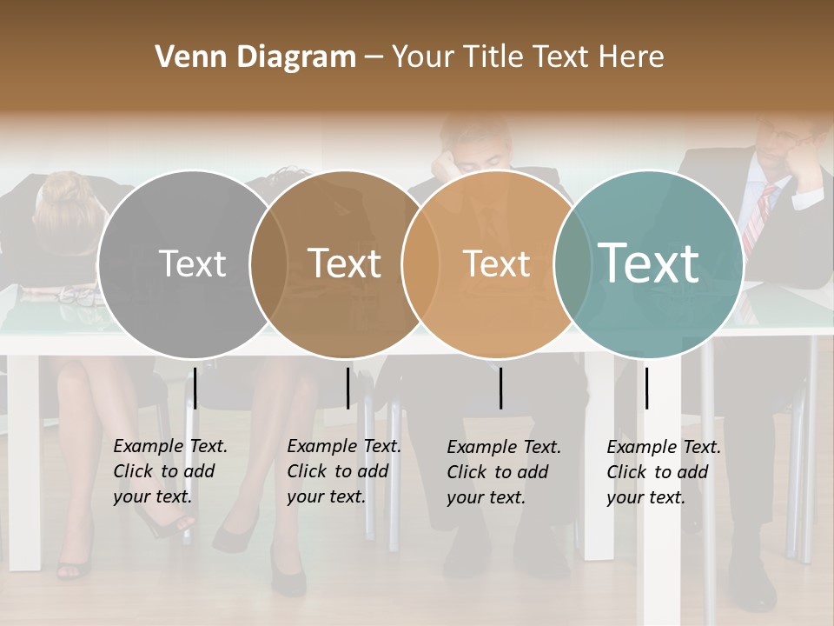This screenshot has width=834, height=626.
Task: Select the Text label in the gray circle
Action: (193, 263)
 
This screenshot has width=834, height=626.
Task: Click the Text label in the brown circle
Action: (344, 263)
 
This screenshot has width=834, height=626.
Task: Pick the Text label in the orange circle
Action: (496, 263)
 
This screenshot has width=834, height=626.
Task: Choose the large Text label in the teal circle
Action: (649, 263)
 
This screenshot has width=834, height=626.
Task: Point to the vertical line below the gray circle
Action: (195, 388)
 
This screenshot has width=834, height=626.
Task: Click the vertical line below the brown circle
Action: (347, 388)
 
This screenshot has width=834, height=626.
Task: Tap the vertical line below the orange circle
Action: (500, 388)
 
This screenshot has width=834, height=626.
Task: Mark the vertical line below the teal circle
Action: (646, 388)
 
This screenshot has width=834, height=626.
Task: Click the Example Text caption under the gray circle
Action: (169, 471)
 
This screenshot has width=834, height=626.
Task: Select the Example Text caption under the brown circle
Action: (343, 471)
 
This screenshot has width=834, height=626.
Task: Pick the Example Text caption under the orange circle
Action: (503, 472)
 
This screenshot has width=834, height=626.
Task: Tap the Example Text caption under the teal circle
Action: (663, 472)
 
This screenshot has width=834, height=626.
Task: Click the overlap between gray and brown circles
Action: (268, 263)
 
